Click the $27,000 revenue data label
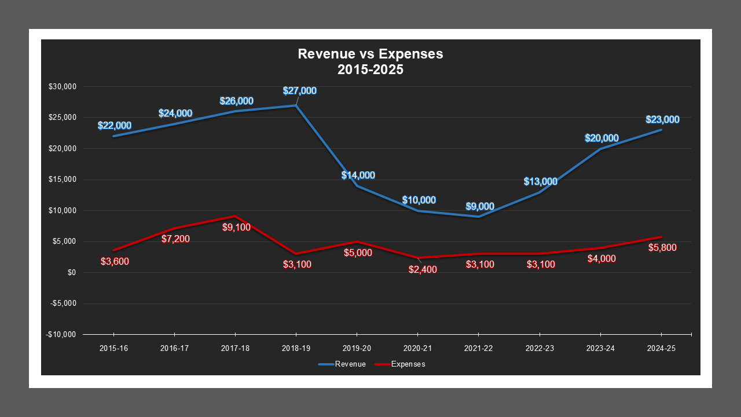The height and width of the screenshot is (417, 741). coord(299,91)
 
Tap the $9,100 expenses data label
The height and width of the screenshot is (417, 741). coord(236,227)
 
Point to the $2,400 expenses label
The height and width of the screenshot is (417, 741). coord(423,269)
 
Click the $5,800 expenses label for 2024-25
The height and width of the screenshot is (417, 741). coord(662,247)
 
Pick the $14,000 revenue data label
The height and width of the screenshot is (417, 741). coord(358,175)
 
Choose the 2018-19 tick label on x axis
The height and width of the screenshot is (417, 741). coord(296,349)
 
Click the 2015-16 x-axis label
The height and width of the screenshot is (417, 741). coord(113,349)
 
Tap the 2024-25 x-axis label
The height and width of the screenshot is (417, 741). coord(661,349)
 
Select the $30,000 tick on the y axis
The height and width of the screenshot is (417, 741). coord(64,87)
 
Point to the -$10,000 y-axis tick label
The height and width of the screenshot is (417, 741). coord(62,335)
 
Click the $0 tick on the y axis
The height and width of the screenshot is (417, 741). coord(71,273)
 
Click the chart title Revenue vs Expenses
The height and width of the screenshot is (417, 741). coord(370,54)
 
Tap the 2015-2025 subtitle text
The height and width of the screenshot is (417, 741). coord(370,69)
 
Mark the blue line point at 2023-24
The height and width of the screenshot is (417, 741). coord(600,149)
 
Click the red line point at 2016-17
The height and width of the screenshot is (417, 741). coord(174,228)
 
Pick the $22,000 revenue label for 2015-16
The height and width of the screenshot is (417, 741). coord(114,125)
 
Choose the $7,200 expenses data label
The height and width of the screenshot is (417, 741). coord(175,239)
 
